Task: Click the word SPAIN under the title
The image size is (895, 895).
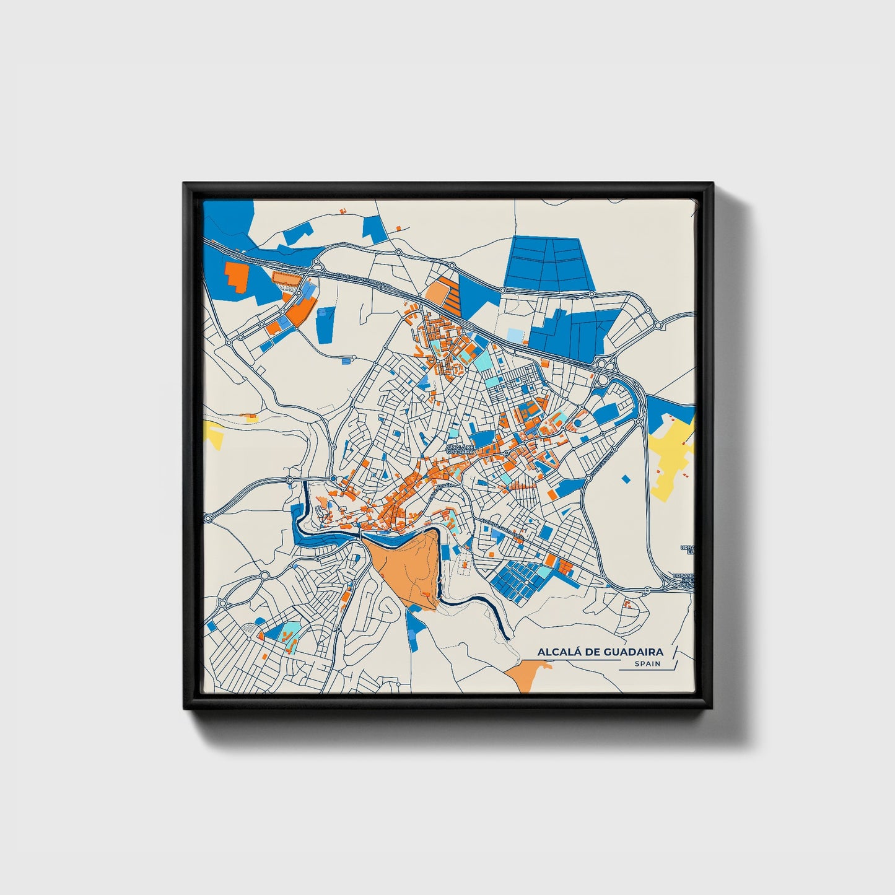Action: pyautogui.click(x=647, y=663)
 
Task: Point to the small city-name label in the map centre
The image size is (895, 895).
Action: pyautogui.click(x=460, y=449)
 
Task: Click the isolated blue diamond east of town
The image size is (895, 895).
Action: pyautogui.click(x=625, y=478)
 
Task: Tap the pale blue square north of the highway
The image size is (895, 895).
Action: pyautogui.click(x=514, y=335)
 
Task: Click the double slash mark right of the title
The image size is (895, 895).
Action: pyautogui.click(x=675, y=656)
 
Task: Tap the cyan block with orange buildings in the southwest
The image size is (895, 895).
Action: pyautogui.click(x=290, y=632)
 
